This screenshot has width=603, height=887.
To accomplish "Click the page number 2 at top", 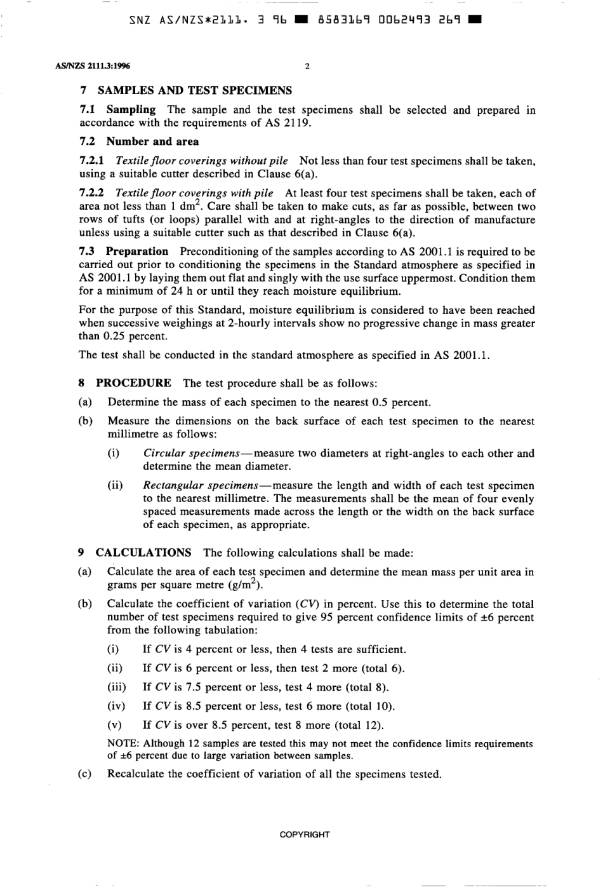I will pos(307,66).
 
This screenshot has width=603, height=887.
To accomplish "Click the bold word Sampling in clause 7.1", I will pos(131,110).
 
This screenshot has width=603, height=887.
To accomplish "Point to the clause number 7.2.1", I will pos(93,161).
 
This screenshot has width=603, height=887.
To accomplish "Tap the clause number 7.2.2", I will pos(93,193).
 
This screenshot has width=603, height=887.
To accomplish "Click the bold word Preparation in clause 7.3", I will pos(137,252).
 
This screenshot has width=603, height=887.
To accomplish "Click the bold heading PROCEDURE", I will pos(133,383).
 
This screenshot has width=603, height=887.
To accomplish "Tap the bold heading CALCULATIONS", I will pos(143,553).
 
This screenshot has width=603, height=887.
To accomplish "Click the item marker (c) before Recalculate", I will pos(85,774).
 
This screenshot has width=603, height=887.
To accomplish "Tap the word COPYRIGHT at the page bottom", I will pos(305,835).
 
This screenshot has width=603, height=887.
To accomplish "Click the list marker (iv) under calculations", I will pos(116,706).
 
